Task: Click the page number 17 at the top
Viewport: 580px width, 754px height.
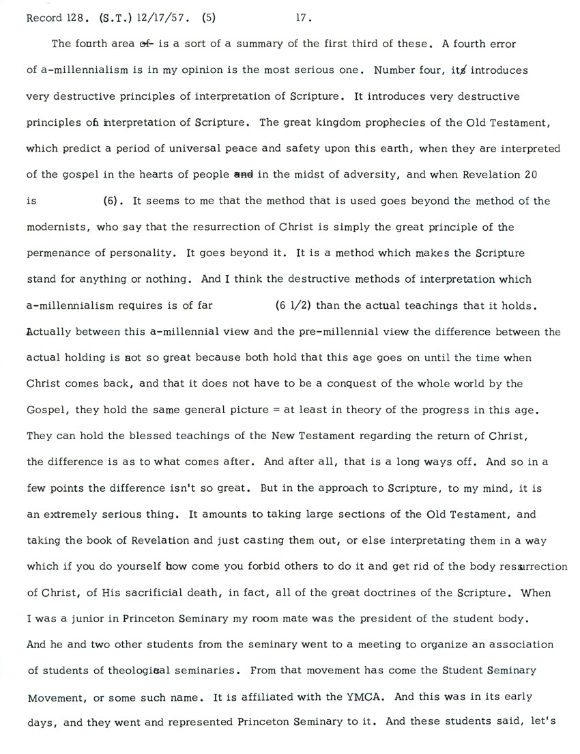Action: (x=304, y=19)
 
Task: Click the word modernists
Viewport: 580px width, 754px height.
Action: (x=54, y=227)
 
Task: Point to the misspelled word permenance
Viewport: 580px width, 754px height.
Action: (x=57, y=253)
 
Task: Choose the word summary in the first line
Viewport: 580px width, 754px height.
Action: (x=258, y=44)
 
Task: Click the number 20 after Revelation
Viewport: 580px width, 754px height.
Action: (x=530, y=175)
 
